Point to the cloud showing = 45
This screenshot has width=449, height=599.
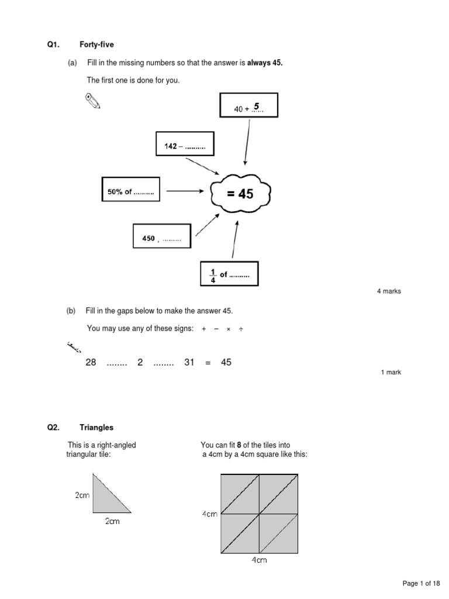tap(240, 193)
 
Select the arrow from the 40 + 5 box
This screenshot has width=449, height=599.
tap(247, 143)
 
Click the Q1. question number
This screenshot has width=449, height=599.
tap(54, 45)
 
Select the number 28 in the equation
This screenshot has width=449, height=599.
tap(91, 363)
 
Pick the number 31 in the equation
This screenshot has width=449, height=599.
tap(189, 363)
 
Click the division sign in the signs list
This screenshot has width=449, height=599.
tap(240, 329)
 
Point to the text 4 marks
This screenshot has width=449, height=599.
tap(389, 291)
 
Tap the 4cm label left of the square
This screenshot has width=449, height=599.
tap(210, 514)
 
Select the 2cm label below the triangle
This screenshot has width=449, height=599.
tap(112, 522)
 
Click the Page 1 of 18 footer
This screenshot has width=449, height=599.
tap(421, 583)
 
